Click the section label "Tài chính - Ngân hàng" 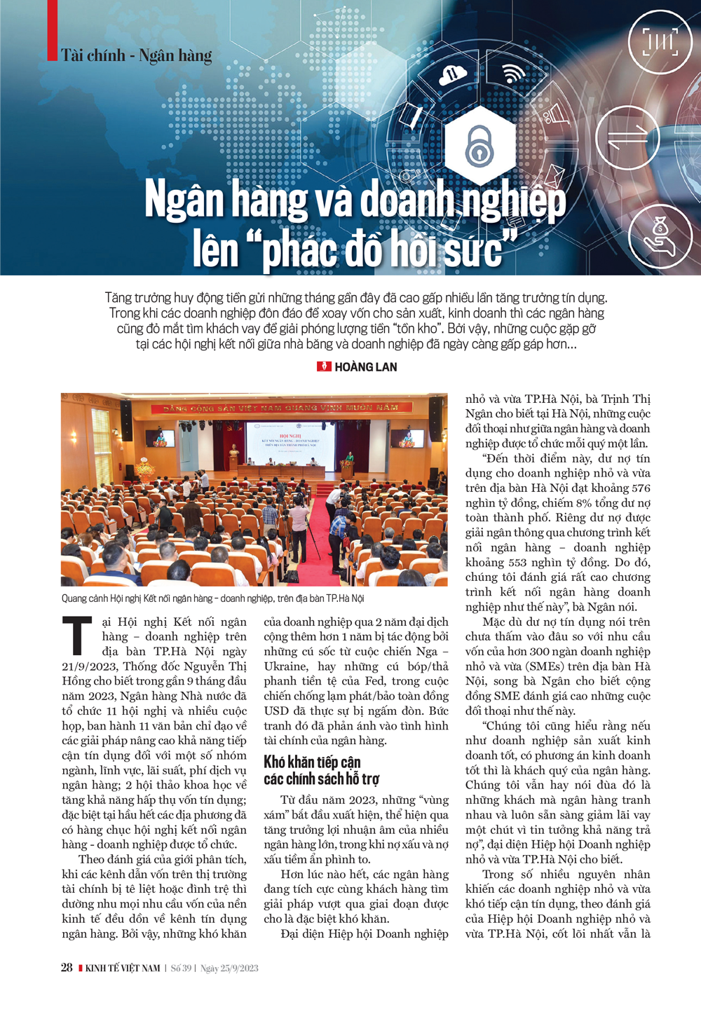coord(137,56)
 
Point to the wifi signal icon coord(513,73)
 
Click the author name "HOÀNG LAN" coord(365,366)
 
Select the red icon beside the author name coord(324,366)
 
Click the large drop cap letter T coord(77,635)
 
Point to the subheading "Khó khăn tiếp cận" coord(312,762)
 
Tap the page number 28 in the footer coord(67,968)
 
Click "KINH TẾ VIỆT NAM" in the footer coord(123,968)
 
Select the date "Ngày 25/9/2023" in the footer coord(229,968)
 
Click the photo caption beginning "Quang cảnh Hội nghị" coord(212,598)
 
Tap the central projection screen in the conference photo coord(284,443)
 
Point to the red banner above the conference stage coord(280,408)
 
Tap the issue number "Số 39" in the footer coord(181,968)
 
